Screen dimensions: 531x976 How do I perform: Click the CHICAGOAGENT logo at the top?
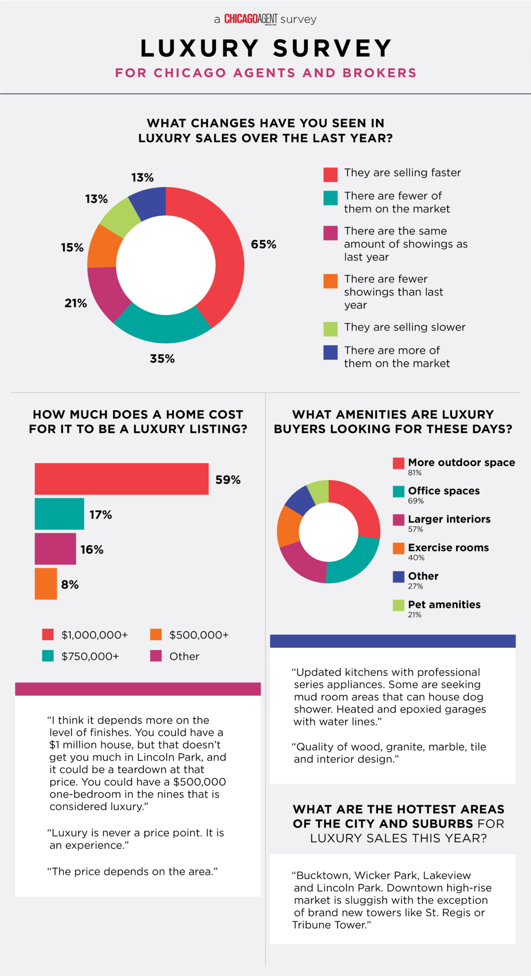tap(251, 19)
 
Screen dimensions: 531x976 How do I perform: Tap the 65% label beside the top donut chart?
tap(264, 244)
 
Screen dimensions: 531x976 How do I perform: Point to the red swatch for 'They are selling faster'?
tap(330, 174)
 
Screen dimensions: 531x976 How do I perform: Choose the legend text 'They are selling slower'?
tap(405, 327)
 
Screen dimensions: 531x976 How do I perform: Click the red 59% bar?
tap(122, 478)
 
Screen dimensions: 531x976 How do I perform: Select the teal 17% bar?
tap(60, 514)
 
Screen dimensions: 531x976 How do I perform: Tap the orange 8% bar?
tap(46, 584)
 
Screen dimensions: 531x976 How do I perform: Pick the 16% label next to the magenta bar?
tap(92, 549)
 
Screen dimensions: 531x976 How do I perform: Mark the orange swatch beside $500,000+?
tap(156, 634)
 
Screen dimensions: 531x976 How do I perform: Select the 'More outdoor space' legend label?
tap(461, 462)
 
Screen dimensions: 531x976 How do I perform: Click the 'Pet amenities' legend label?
tap(444, 604)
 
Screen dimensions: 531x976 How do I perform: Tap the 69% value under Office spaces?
tap(416, 501)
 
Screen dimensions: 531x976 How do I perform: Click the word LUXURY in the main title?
tap(200, 48)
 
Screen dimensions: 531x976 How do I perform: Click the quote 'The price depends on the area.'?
tap(133, 871)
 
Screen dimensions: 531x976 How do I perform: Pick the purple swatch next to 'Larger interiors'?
tap(398, 520)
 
